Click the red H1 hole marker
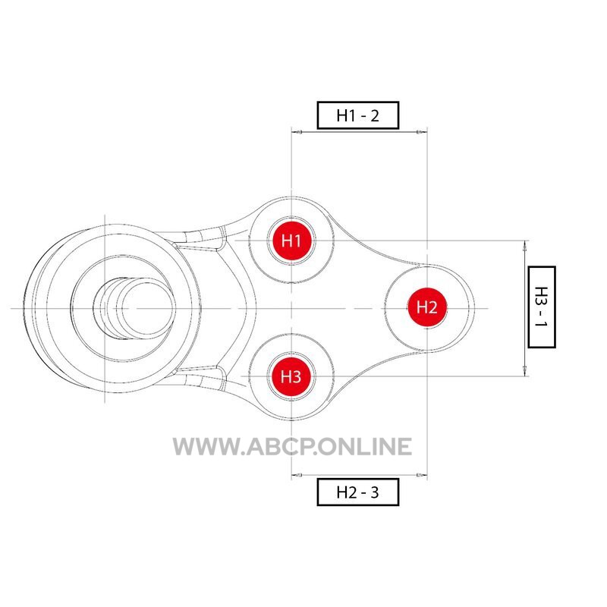tap(291, 241)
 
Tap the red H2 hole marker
tap(427, 307)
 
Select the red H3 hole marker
tap(291, 376)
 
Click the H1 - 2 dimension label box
tap(358, 115)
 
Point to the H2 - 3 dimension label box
tap(358, 492)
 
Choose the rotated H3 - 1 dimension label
tap(542, 307)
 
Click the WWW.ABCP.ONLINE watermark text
tap(292, 446)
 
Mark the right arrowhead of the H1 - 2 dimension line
tap(422, 132)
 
